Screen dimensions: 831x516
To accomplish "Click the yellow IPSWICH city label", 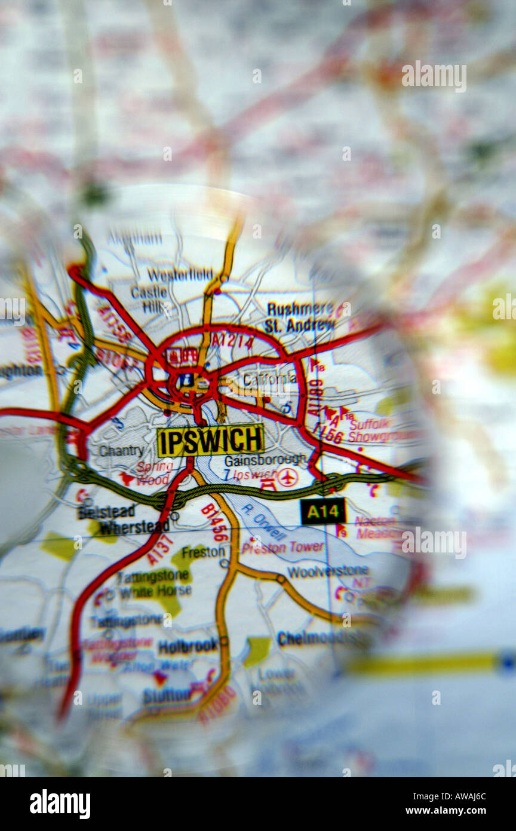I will click(210, 441).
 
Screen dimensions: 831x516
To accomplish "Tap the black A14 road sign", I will click(323, 512).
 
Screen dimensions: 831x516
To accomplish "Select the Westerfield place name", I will click(180, 274).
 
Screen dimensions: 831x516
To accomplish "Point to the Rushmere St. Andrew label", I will click(300, 317).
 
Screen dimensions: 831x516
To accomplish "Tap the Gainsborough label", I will click(265, 460).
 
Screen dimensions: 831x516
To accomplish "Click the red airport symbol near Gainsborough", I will click(288, 477).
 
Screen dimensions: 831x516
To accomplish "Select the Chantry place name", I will click(121, 451).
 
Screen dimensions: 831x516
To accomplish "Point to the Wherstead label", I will click(134, 527).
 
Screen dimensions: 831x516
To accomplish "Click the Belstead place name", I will click(106, 512).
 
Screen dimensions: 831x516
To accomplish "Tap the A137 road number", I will click(160, 549).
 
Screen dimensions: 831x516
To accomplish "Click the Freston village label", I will click(203, 552).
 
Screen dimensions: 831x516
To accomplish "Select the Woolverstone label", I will click(328, 571).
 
